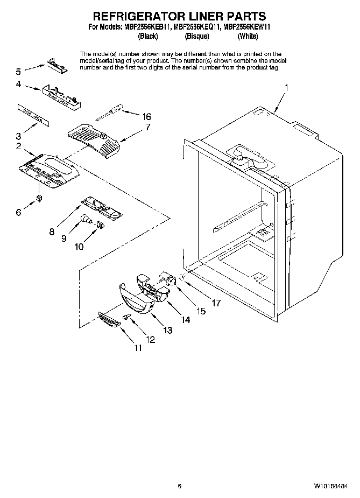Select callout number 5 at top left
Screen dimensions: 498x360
tap(18, 71)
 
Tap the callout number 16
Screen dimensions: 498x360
tap(145, 116)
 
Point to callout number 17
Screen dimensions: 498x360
tap(216, 303)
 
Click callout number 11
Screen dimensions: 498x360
tap(138, 348)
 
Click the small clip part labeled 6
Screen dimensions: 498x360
tap(39, 199)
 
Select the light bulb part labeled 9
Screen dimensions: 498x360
tap(85, 218)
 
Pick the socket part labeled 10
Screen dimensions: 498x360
tap(100, 224)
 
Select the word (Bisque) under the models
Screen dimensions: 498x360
tap(196, 36)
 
